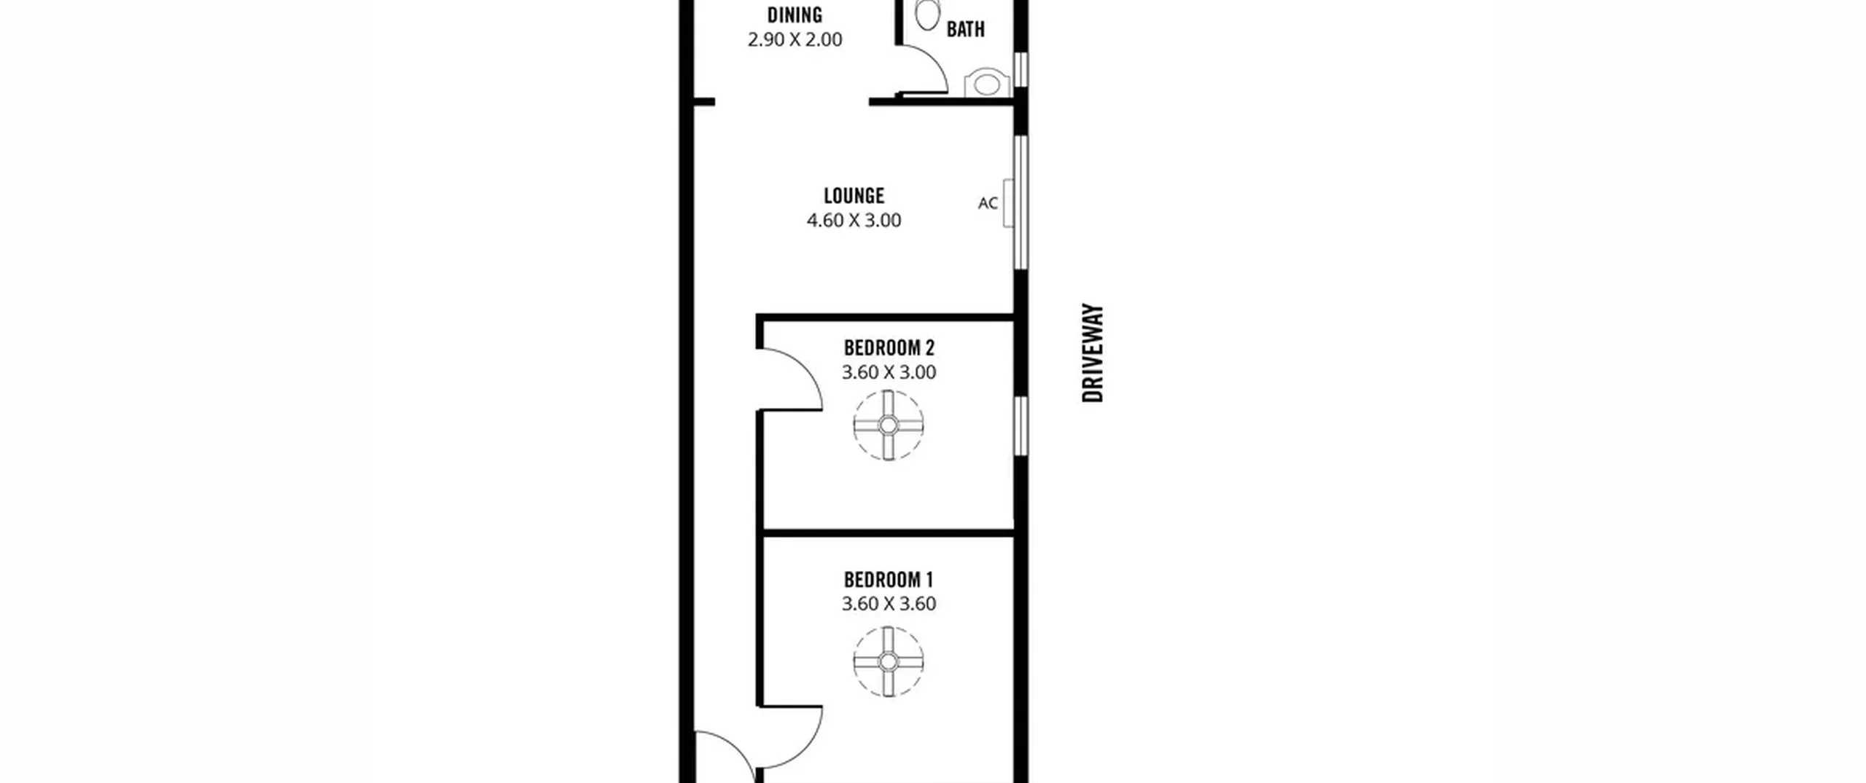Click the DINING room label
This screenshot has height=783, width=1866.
tap(795, 15)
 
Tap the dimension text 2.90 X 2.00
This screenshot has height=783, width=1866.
tap(795, 39)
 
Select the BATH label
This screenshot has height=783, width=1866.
tap(966, 29)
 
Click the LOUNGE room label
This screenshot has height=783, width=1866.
tap(854, 195)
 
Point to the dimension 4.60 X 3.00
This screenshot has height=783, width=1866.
tap(854, 220)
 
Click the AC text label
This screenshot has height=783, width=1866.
tap(988, 203)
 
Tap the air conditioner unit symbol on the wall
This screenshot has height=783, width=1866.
tap(1009, 203)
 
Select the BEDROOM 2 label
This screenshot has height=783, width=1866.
tap(889, 347)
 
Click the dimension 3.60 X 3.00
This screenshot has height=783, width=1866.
tap(889, 372)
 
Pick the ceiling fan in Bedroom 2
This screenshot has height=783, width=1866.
tap(889, 425)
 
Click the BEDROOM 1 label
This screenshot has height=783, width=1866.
tap(889, 580)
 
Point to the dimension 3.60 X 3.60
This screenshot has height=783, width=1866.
tap(889, 604)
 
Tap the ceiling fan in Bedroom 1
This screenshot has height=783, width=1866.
tap(889, 662)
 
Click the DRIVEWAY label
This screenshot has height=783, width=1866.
tap(1093, 353)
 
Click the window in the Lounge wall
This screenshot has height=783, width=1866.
tap(1021, 202)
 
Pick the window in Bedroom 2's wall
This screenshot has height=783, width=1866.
tap(1021, 426)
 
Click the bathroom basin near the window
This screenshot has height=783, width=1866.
tap(987, 84)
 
